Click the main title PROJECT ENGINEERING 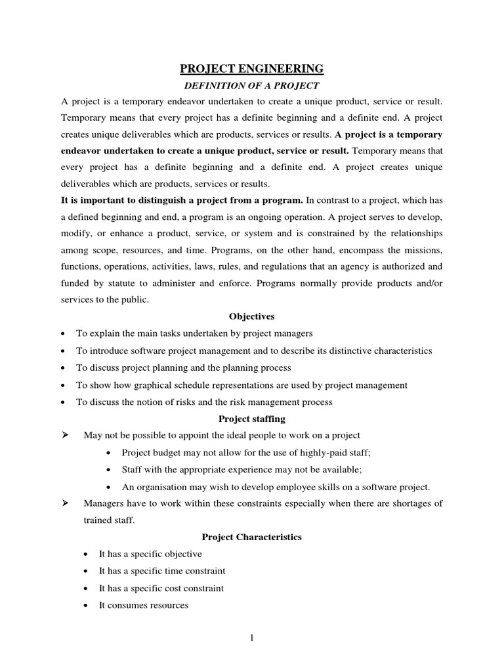[252, 68]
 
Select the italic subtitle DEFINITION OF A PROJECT [252, 86]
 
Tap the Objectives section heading [252, 316]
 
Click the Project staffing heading [252, 419]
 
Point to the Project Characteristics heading [252, 537]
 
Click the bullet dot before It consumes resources [87, 606]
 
